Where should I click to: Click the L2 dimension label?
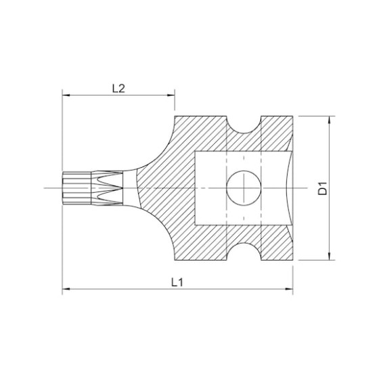118,89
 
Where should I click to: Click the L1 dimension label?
177,282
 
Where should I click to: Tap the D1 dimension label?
322,188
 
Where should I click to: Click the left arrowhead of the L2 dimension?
66,95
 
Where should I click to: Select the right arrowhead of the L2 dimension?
171,95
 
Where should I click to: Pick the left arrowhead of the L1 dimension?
66,289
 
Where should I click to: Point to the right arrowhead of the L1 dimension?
289,289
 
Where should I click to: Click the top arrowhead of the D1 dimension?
329,120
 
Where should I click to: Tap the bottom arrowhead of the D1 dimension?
329,257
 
